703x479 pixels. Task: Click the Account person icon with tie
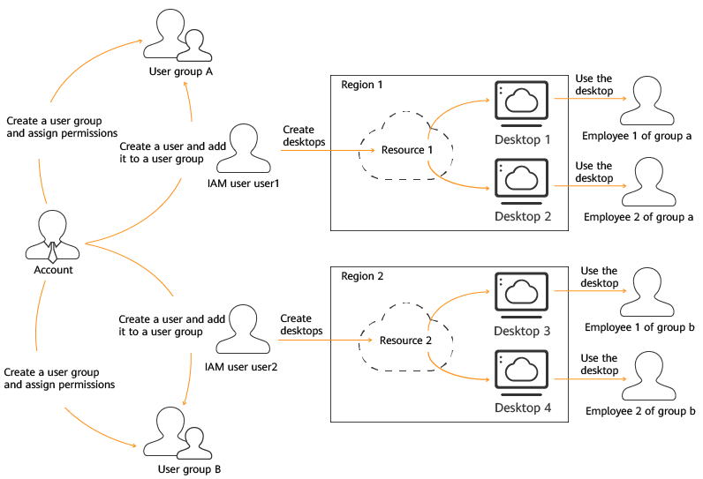pyautogui.click(x=52, y=236)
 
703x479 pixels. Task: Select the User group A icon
pyautogui.click(x=178, y=35)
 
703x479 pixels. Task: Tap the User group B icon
pyautogui.click(x=178, y=433)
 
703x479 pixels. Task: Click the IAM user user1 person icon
pyautogui.click(x=244, y=148)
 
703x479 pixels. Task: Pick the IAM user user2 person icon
pyautogui.click(x=243, y=330)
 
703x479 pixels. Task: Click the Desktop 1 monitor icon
pyautogui.click(x=521, y=104)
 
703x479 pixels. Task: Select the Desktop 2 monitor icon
pyautogui.click(x=521, y=182)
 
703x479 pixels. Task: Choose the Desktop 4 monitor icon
pyautogui.click(x=521, y=373)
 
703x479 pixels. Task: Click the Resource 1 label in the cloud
pyautogui.click(x=406, y=150)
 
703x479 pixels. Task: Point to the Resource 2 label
pyautogui.click(x=405, y=341)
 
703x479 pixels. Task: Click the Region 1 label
pyautogui.click(x=362, y=85)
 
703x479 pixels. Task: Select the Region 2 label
pyautogui.click(x=362, y=276)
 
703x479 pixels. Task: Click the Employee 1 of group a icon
pyautogui.click(x=647, y=101)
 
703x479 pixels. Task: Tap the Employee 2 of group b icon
pyautogui.click(x=649, y=376)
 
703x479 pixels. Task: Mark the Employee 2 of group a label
pyautogui.click(x=639, y=217)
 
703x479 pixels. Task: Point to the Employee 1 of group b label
pyautogui.click(x=639, y=327)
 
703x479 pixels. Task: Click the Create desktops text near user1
pyautogui.click(x=304, y=136)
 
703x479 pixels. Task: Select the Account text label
pyautogui.click(x=53, y=270)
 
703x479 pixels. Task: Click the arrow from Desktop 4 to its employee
pyautogui.click(x=590, y=379)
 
